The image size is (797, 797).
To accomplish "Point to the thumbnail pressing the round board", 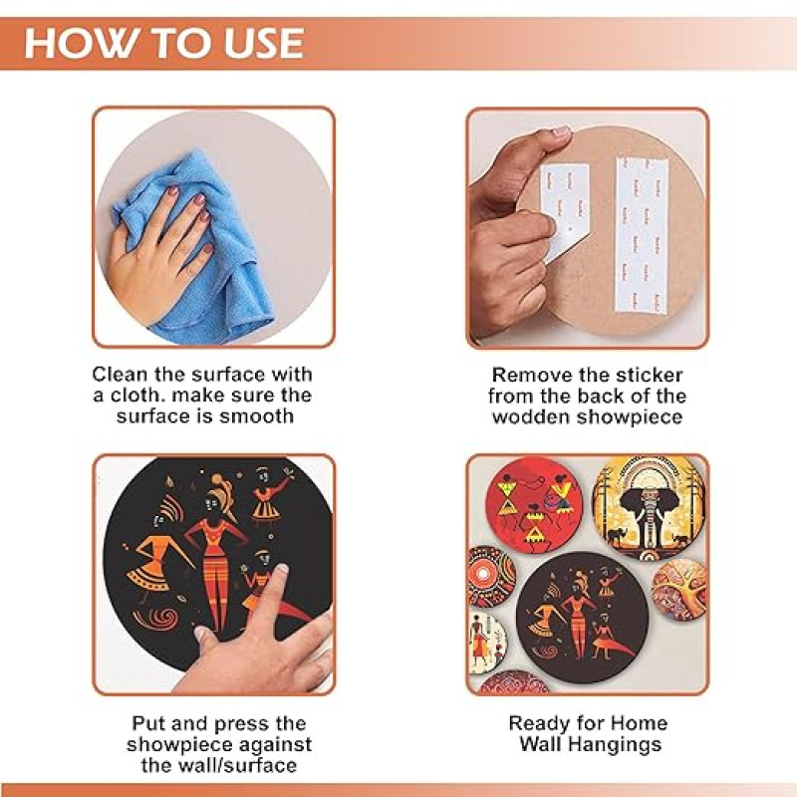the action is click(x=561, y=133).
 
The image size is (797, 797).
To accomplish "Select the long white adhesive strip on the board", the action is click(x=642, y=235).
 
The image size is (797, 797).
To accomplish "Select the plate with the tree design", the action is click(x=679, y=591).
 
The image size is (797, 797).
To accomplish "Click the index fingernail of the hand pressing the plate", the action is click(x=281, y=569).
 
